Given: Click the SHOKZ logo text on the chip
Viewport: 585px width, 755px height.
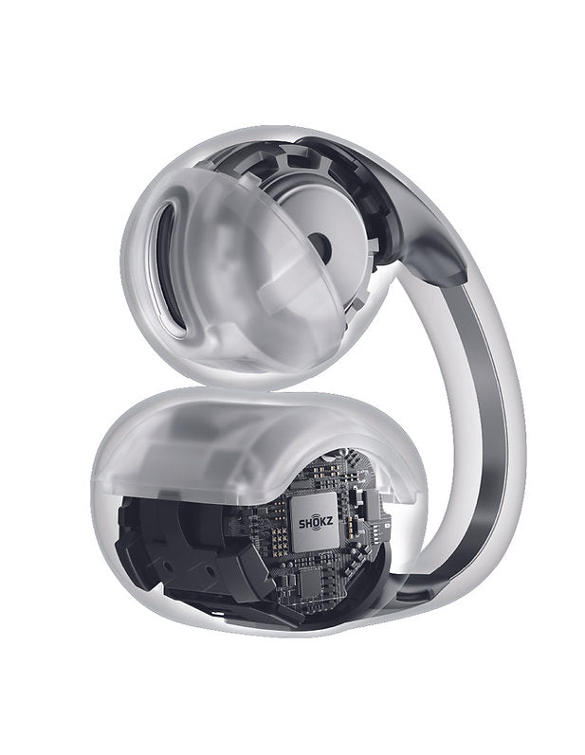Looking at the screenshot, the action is pos(316,523).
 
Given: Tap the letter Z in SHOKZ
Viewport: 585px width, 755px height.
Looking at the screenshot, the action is pos(329,523).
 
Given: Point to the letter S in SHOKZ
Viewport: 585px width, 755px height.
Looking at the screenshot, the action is pos(302,524).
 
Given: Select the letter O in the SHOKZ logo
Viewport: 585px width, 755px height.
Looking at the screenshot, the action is pos(316,523).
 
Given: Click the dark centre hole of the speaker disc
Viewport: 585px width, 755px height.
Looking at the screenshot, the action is pos(320,244).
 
